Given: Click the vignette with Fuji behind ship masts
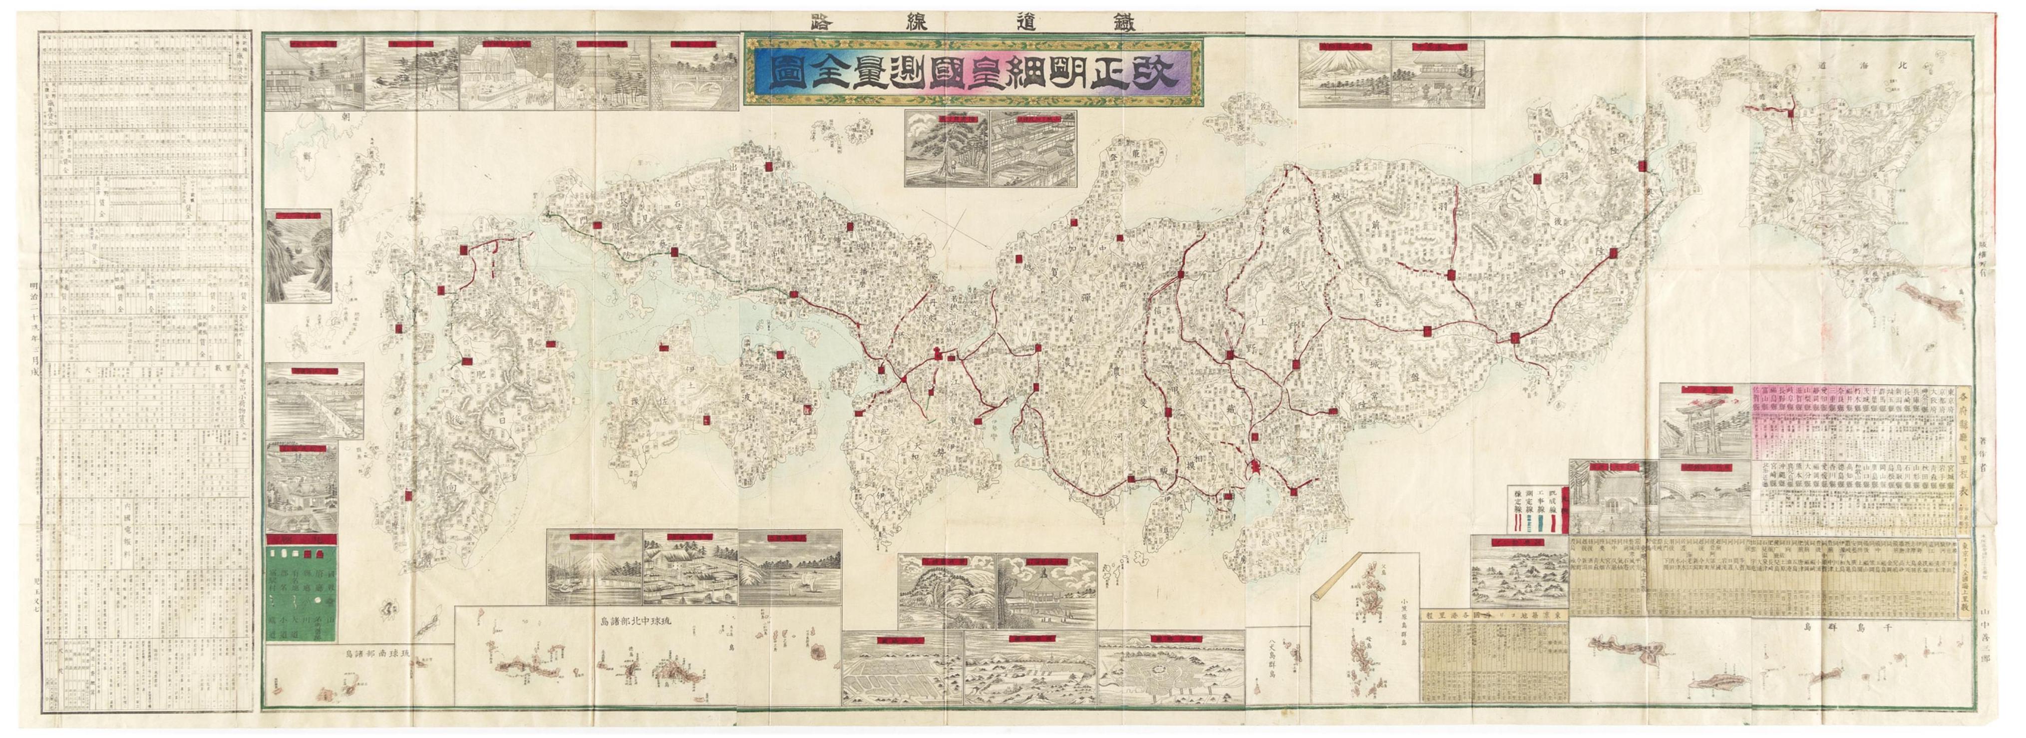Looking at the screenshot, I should (594, 583).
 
